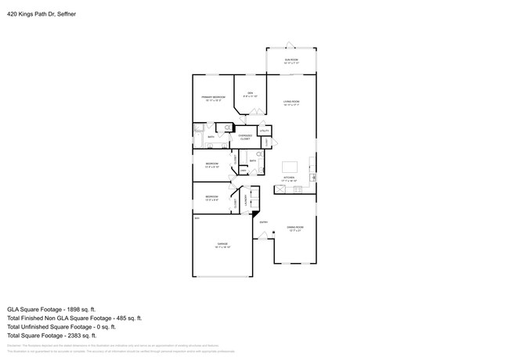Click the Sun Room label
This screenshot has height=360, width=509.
coord(291,59)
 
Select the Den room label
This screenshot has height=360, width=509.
coord(250,95)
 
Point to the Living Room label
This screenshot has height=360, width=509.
coord(291,103)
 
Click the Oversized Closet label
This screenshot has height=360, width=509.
coord(245,137)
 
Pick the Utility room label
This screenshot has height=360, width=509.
coord(264,130)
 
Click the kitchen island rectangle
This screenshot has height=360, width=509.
coord(291,167)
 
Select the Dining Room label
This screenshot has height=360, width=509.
coord(295,229)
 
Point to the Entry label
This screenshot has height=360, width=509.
coord(264,222)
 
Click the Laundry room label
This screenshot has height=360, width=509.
coord(246,202)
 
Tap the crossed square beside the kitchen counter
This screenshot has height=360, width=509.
coord(281,189)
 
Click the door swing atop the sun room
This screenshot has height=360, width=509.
coord(291,44)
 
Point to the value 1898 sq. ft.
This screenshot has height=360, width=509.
coord(81,309)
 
